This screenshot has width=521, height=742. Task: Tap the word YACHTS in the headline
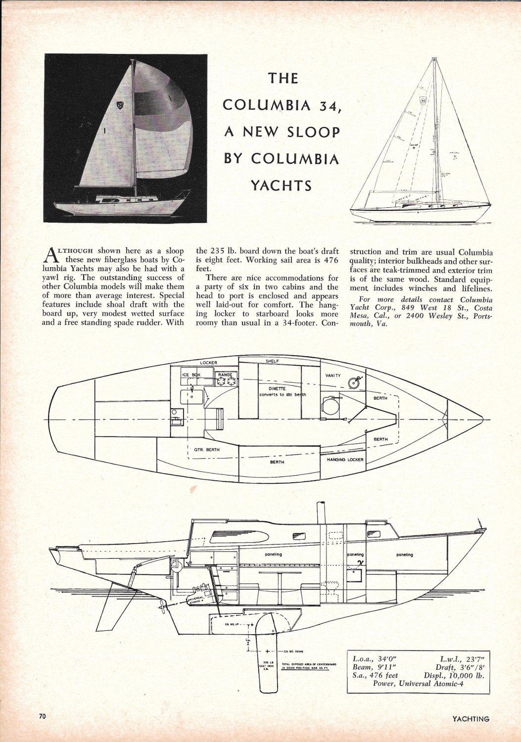point(282,185)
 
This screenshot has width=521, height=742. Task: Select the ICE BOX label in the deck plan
point(189,375)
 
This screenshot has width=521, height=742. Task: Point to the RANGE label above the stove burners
point(225,375)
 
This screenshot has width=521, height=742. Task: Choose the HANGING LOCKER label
point(345,460)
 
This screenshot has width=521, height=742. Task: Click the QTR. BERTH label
point(207,450)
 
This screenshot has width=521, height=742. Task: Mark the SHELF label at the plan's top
point(273,361)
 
